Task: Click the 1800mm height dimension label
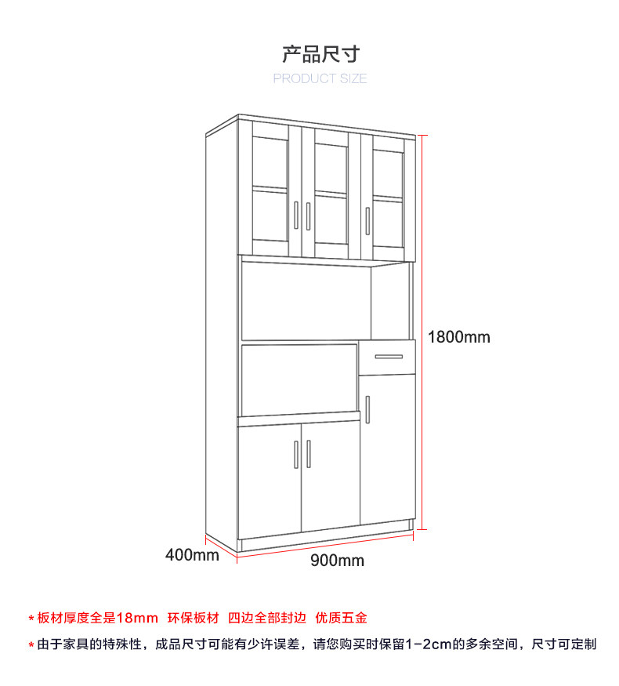tap(458, 337)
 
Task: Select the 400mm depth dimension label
tap(192, 556)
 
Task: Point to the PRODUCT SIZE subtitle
tap(320, 78)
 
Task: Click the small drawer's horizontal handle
tap(388, 357)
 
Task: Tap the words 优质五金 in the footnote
tap(341, 618)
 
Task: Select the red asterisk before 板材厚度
tap(31, 619)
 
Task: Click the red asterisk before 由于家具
tap(31, 645)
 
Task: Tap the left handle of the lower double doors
tap(296, 454)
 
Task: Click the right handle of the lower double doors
tap(309, 454)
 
